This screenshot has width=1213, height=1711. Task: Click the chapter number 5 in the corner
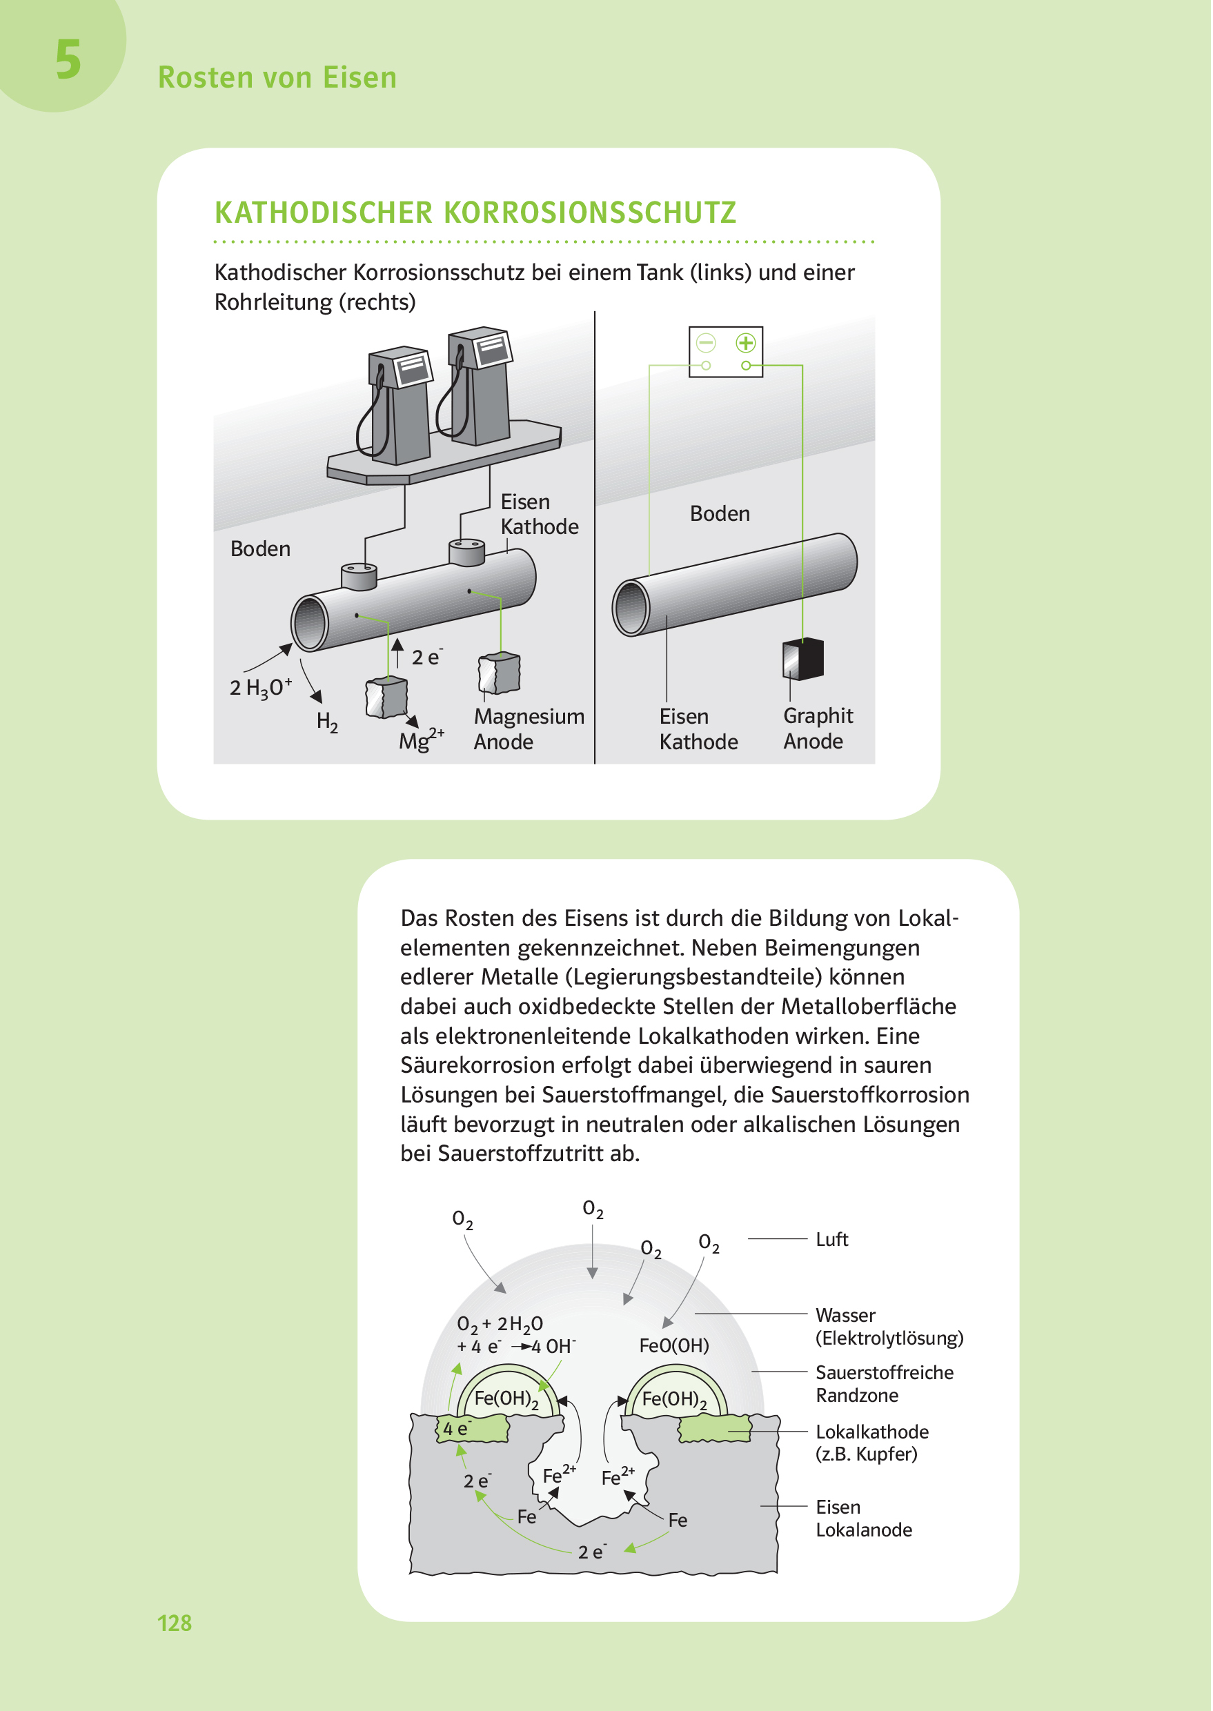[68, 60]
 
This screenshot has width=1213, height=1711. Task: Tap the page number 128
[174, 1622]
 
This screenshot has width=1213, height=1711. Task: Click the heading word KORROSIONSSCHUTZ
[590, 213]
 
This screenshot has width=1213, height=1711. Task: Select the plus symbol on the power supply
[745, 343]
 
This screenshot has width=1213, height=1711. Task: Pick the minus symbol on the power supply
[706, 343]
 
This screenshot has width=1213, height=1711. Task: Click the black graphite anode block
[804, 659]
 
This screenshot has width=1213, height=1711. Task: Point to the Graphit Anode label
[818, 728]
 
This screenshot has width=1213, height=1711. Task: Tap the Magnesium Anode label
[529, 728]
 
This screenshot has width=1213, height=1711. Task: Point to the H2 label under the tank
[327, 722]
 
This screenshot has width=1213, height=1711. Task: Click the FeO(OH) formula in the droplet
[673, 1346]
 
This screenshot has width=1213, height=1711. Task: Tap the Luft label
[831, 1240]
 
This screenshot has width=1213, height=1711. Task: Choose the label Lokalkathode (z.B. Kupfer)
[871, 1443]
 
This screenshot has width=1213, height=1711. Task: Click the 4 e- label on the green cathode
[456, 1429]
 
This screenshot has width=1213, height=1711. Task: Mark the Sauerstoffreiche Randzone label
[885, 1384]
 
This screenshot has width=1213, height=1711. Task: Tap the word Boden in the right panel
[719, 514]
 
